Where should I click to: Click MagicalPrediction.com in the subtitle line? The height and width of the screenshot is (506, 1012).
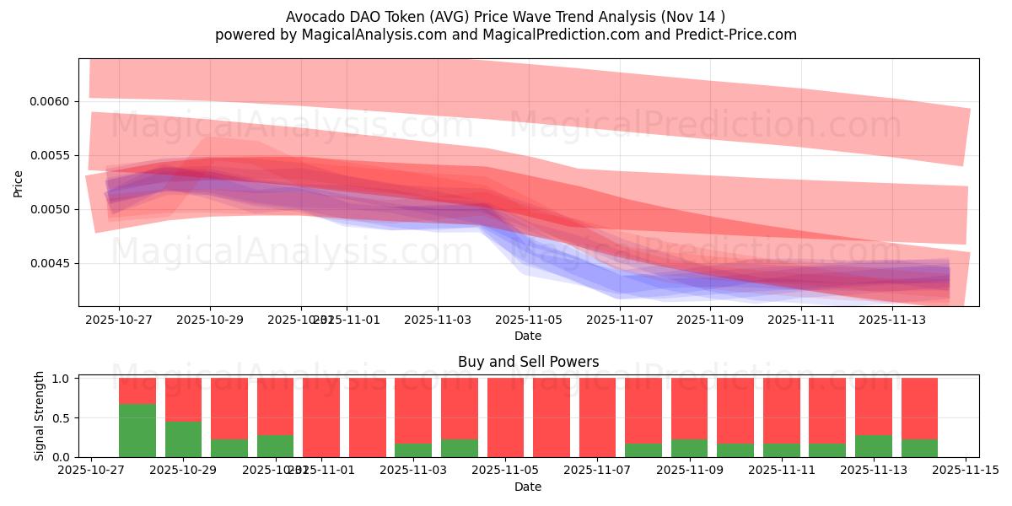click(541, 35)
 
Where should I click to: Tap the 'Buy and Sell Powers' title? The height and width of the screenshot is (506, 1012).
click(528, 362)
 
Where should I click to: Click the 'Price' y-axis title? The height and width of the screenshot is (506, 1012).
click(19, 182)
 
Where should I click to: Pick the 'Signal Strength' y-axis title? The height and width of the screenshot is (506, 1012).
click(40, 417)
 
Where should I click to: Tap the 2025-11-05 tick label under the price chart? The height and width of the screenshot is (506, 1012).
click(529, 320)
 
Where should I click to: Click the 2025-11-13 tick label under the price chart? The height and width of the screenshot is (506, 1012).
click(893, 320)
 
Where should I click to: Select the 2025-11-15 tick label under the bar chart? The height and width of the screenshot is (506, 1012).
click(965, 471)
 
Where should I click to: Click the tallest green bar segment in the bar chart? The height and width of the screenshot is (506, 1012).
click(137, 431)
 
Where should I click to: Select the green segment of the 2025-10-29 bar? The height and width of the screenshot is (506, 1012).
click(183, 439)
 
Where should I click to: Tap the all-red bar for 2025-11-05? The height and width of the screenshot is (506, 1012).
click(505, 417)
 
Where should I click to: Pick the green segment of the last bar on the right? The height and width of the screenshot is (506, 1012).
click(919, 449)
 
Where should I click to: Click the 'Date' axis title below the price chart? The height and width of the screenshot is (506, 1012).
click(528, 336)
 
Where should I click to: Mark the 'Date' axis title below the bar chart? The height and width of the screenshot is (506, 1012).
click(528, 487)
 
